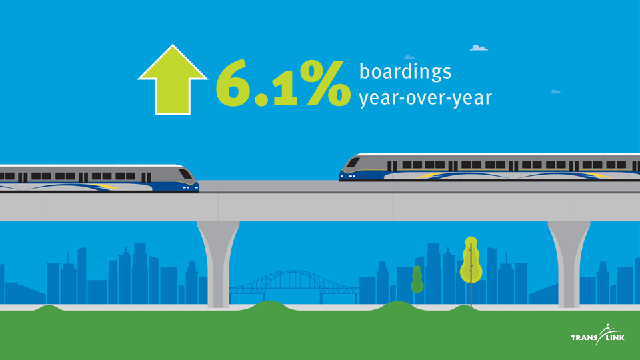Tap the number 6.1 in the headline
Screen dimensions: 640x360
256,83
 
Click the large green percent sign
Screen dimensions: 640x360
325,83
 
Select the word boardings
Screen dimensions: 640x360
405,72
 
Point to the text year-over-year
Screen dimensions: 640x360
425,98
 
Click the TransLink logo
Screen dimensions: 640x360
597,335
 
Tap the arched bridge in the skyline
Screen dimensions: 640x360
294,284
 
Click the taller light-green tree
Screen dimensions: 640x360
471,261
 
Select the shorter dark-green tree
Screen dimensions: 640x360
417,281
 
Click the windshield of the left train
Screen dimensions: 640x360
185,174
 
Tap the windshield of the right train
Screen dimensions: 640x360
353,163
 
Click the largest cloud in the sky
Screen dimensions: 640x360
479,48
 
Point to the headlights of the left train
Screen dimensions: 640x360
186,187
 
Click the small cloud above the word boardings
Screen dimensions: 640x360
410,57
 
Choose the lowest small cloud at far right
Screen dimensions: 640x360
555,92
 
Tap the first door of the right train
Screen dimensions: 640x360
392,166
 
